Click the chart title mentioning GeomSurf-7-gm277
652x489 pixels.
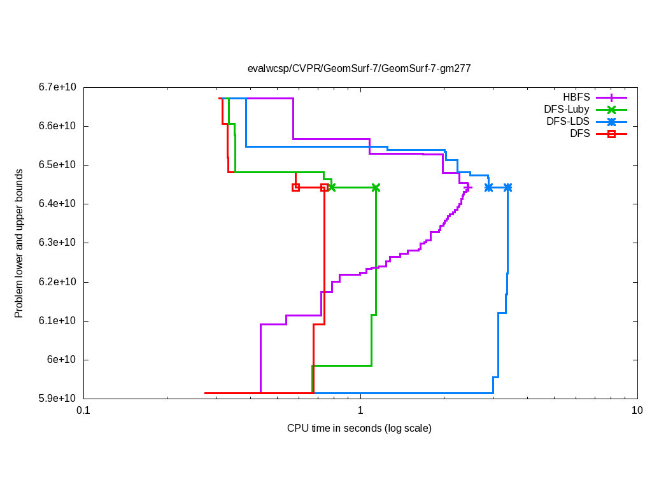(359, 68)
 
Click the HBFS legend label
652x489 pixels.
(576, 97)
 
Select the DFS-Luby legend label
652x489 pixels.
(566, 110)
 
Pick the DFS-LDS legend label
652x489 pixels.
(567, 122)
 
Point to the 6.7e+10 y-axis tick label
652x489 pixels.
(57, 87)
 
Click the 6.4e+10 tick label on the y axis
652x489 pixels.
(57, 204)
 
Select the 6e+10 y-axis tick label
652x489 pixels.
(61, 360)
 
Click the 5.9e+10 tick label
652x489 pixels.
(57, 399)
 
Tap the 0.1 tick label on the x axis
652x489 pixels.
(83, 411)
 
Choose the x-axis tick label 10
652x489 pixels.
(637, 411)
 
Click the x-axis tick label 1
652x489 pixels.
(360, 411)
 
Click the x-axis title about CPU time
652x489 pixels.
(359, 428)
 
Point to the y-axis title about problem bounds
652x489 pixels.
(19, 243)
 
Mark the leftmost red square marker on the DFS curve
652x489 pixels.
(295, 187)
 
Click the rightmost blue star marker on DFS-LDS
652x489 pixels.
(507, 187)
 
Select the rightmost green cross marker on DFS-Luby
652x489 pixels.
(376, 187)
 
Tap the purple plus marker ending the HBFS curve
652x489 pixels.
(468, 187)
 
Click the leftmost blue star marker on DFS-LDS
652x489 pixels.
(488, 187)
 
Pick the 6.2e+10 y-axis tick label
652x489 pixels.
(57, 282)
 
